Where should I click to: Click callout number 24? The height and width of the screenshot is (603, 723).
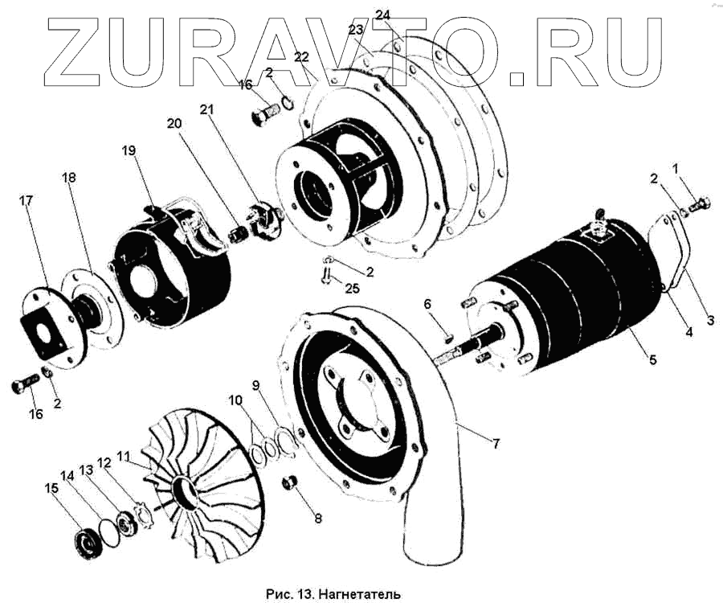[x=383, y=15]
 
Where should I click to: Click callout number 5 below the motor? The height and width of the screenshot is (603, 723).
[x=653, y=360]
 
